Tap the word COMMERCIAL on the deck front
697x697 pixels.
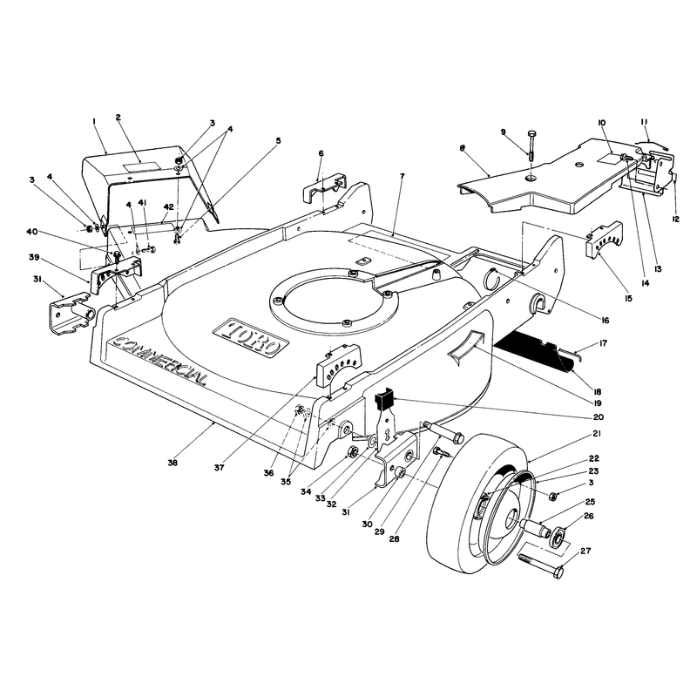click(161, 360)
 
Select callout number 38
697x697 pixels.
click(173, 463)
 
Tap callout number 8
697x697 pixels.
click(463, 148)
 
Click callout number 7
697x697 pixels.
click(403, 177)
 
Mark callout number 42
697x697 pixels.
click(168, 206)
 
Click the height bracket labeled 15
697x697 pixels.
click(604, 240)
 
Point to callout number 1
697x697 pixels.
click(94, 121)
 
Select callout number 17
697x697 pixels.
click(603, 343)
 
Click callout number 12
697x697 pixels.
click(676, 219)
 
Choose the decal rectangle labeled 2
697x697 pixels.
click(142, 167)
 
